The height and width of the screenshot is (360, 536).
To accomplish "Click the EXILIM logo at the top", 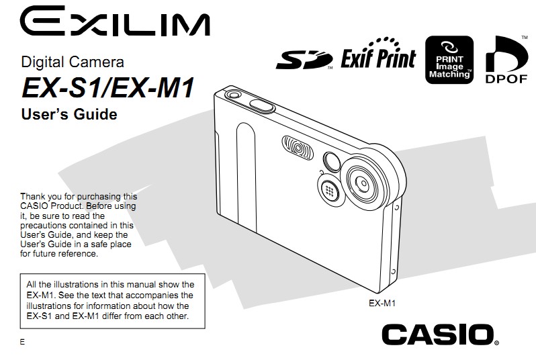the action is [x=115, y=21].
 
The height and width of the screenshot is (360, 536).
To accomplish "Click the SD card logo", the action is [x=304, y=60].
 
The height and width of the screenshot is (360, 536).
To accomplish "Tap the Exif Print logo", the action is [x=378, y=54].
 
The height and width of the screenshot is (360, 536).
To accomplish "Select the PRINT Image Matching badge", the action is [x=449, y=60].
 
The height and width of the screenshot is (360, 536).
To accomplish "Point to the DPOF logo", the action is [x=506, y=60].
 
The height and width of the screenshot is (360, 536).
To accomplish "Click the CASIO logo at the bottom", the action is [x=440, y=334].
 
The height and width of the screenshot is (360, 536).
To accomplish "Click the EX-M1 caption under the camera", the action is [x=382, y=304].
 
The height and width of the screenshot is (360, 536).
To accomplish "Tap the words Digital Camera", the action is [x=73, y=62].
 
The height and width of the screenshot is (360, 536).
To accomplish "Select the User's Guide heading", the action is [x=69, y=114].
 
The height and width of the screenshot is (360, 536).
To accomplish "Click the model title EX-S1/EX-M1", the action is [x=108, y=87].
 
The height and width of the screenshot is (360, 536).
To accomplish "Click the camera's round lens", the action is [x=362, y=184].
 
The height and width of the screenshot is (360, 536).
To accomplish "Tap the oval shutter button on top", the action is [x=262, y=105].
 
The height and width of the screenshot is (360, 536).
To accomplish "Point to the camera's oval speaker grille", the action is [x=298, y=148].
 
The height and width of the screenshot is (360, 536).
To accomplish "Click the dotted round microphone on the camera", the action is [x=329, y=191].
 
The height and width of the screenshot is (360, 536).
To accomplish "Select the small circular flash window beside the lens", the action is [x=332, y=161].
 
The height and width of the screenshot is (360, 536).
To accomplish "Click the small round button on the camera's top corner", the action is [x=234, y=93].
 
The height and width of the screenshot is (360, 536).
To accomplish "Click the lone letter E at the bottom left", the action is [x=23, y=342].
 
